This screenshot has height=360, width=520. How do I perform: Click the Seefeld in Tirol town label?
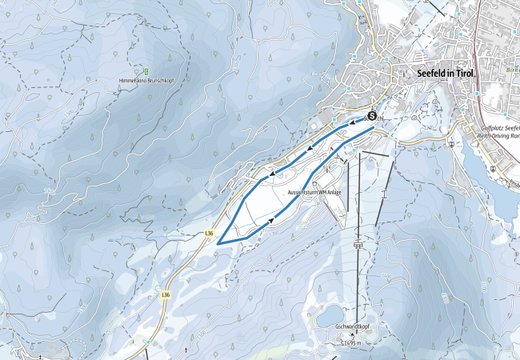[x=446, y=73]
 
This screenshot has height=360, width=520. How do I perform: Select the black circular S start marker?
[x=372, y=115]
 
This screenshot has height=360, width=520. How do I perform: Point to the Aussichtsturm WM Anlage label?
[x=315, y=193]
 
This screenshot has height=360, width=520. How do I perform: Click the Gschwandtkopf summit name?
[x=351, y=326]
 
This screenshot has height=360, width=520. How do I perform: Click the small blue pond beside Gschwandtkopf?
[x=329, y=318]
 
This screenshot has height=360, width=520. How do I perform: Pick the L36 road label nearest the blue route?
[x=210, y=233]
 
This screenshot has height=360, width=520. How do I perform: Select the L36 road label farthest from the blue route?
[x=166, y=294]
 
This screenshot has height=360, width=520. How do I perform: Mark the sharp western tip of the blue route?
[x=218, y=241]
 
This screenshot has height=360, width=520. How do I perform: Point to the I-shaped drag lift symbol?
[x=386, y=193]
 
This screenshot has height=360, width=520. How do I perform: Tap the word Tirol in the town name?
[x=464, y=73]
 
